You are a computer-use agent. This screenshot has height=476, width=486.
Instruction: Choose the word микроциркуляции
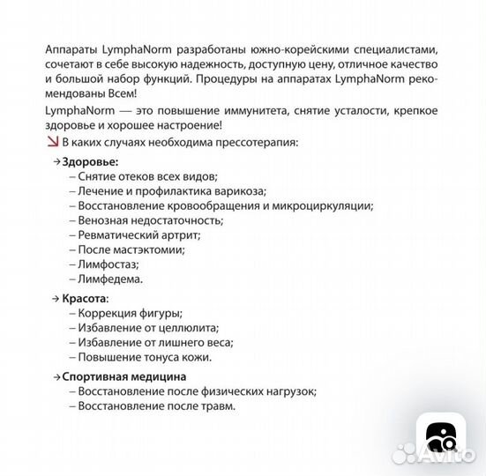click(x=322, y=206)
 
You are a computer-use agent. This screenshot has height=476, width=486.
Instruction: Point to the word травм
click(x=219, y=406)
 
